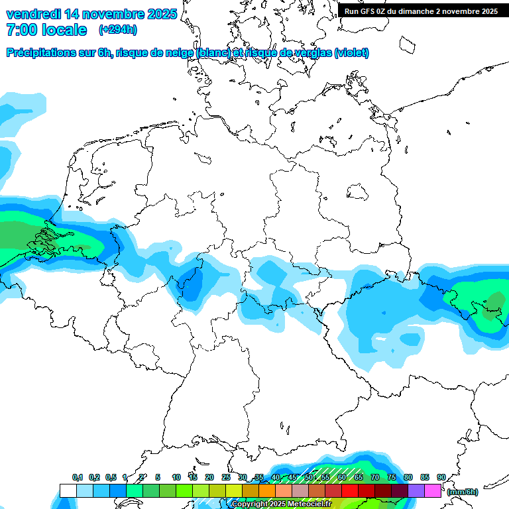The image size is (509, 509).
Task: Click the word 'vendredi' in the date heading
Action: point(33,14)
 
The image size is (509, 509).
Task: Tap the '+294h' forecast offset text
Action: point(118,30)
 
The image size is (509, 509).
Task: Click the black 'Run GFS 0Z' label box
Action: point(421,11)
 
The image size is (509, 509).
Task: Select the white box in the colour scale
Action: point(68,491)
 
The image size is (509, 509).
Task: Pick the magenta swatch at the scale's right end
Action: point(433,491)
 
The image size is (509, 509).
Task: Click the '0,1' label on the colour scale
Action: point(78,478)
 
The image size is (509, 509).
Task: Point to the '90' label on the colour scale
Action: point(441,478)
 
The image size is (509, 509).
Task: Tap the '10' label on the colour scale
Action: point(176,478)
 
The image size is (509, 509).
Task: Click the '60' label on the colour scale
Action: point(341,478)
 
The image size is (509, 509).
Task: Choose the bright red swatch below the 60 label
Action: point(350,491)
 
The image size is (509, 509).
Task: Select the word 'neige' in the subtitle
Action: point(178,53)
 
